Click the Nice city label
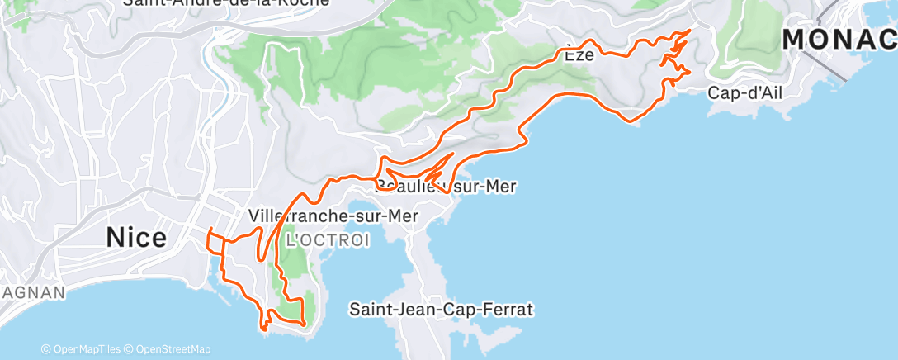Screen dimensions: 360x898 136,238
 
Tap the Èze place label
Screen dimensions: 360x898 579,56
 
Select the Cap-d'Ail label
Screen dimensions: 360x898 744,93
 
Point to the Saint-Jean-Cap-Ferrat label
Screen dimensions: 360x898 442,310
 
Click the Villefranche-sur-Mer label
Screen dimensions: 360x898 333,216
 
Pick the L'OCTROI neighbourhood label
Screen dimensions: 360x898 327,240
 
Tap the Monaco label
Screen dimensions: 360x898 839,39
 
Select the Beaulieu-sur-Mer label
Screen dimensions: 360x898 446,187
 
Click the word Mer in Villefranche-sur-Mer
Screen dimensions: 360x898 403,216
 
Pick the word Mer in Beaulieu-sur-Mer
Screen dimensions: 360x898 501,187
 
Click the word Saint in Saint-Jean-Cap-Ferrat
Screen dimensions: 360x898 371,310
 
